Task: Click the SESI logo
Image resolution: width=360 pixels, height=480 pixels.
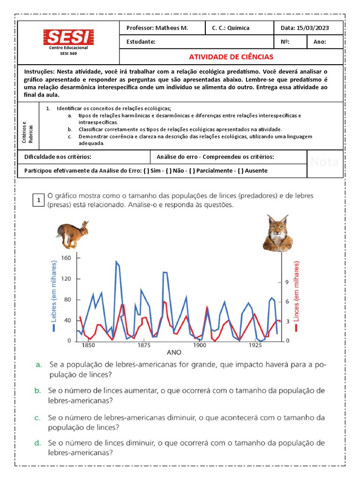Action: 68,37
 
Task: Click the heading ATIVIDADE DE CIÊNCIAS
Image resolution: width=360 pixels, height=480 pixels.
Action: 231,57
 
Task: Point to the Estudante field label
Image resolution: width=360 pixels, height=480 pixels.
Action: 141,42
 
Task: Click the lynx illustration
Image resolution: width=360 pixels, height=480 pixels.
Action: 277,233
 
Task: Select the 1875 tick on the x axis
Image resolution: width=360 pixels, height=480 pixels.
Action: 143,345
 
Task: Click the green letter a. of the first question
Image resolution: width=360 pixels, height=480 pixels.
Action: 38,364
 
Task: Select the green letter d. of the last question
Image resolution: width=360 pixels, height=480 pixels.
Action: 37,442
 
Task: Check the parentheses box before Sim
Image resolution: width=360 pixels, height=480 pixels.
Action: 147,171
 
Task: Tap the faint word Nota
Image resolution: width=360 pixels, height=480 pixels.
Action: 324,162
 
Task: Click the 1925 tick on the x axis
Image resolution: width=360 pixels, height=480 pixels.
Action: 255,345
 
